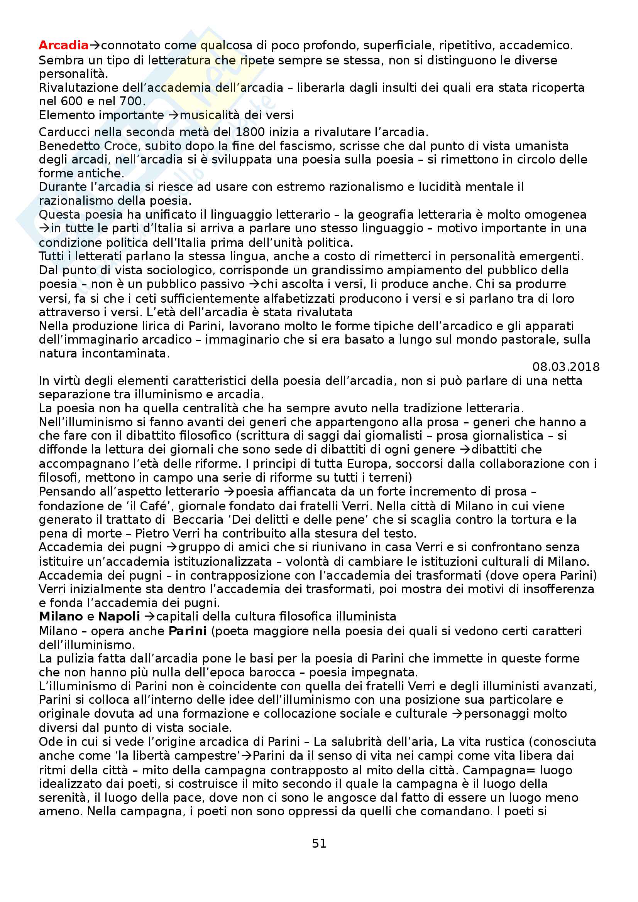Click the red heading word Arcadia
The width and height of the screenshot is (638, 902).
tap(64, 46)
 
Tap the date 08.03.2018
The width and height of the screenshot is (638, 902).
tap(566, 367)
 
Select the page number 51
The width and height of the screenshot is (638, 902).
tap(319, 843)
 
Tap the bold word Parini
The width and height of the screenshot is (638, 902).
tap(188, 631)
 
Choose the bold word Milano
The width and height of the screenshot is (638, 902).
tap(61, 617)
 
